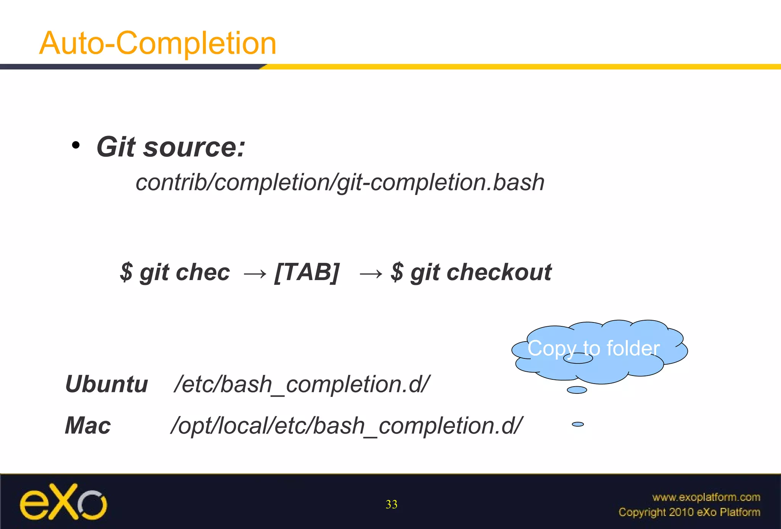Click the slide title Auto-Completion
click(157, 43)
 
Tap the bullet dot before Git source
click(76, 145)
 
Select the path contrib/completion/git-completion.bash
click(340, 182)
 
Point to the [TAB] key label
click(307, 273)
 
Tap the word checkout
click(499, 273)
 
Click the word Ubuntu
click(106, 384)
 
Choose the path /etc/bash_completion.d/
click(302, 384)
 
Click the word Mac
click(88, 426)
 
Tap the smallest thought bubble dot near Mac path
click(578, 424)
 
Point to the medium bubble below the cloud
click(577, 390)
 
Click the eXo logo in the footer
click(63, 502)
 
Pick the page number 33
click(391, 505)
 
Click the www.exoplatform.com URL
click(706, 497)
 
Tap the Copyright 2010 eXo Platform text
click(689, 512)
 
